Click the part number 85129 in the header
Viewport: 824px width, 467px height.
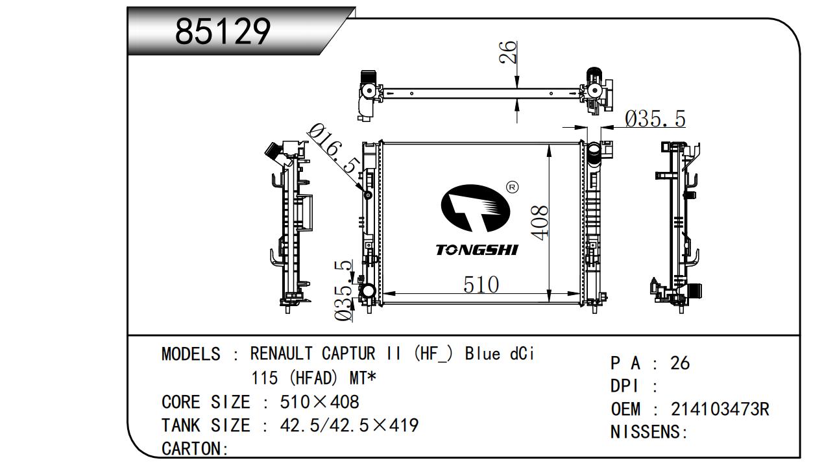(223, 32)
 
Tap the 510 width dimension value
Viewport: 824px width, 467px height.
(481, 285)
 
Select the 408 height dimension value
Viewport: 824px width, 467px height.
(540, 221)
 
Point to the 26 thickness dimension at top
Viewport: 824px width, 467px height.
(509, 52)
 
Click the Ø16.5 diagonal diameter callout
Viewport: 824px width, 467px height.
(332, 149)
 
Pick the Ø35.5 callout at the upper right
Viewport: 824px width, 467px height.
(655, 119)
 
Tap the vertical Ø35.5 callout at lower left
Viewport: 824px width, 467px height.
(344, 290)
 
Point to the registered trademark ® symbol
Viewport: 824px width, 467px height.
(511, 187)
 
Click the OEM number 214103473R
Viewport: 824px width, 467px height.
(720, 409)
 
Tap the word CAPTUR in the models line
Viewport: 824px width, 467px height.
(348, 354)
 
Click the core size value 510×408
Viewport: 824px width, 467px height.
(319, 402)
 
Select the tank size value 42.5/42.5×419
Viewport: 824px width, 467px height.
(349, 425)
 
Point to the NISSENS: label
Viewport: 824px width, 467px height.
(649, 432)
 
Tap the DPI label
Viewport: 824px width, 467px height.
(625, 387)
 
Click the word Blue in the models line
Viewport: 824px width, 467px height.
(482, 354)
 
